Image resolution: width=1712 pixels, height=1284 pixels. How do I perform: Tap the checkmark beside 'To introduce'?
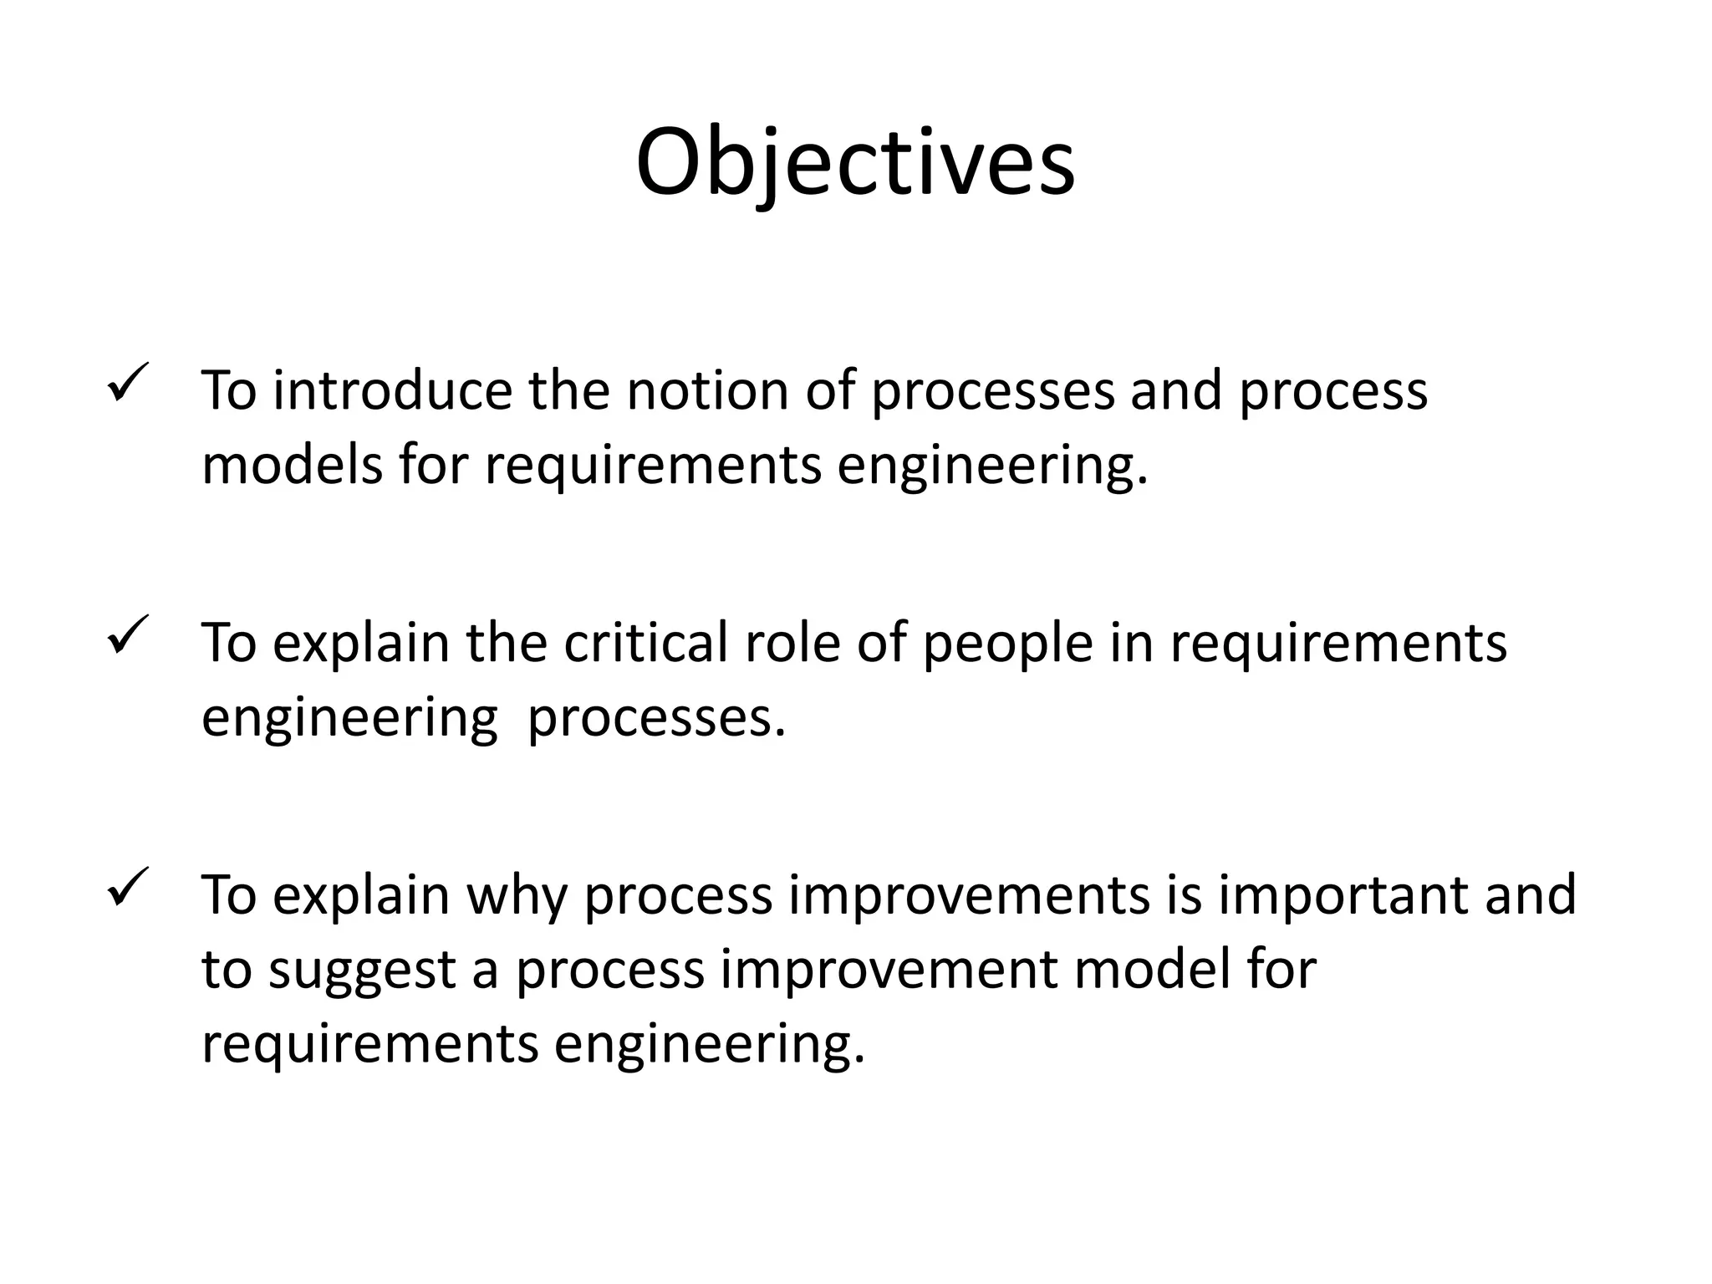click(128, 383)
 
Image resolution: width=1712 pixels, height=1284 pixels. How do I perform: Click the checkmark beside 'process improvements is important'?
click(128, 888)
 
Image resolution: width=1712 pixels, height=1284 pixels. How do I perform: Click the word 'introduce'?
click(392, 390)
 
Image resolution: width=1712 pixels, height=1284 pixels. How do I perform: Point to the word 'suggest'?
click(362, 970)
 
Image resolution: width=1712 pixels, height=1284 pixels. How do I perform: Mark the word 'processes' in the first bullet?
click(993, 390)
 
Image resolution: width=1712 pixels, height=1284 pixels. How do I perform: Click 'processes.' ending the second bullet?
click(657, 717)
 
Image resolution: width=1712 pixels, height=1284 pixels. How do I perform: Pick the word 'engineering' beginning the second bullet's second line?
click(349, 717)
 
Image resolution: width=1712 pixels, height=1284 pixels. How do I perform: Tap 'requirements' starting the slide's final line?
click(369, 1044)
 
